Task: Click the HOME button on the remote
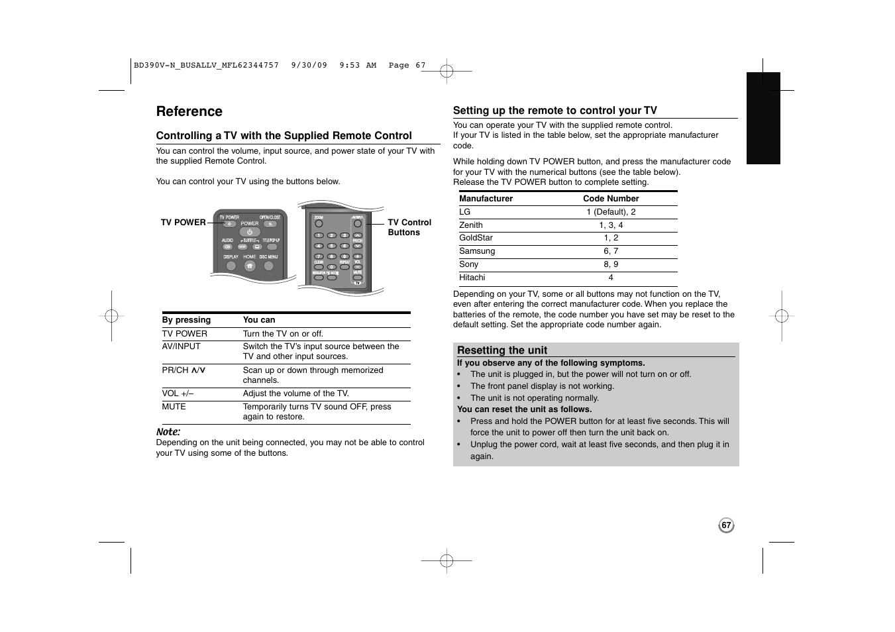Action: pyautogui.click(x=250, y=266)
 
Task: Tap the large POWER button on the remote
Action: pyautogui.click(x=250, y=232)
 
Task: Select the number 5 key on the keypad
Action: pyautogui.click(x=331, y=246)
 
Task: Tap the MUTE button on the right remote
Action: pyautogui.click(x=358, y=278)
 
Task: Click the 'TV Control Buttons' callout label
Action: pyautogui.click(x=409, y=227)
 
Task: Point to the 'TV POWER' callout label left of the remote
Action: pyautogui.click(x=183, y=223)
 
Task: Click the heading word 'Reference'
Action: pyautogui.click(x=189, y=111)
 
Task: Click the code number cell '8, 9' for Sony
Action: pyautogui.click(x=610, y=264)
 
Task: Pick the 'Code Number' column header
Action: pyautogui.click(x=610, y=199)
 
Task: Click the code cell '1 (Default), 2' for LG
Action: pyautogui.click(x=610, y=212)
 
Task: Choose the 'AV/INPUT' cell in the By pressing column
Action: pyautogui.click(x=181, y=346)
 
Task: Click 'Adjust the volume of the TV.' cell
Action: pyautogui.click(x=295, y=394)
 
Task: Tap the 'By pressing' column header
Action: pyautogui.click(x=186, y=320)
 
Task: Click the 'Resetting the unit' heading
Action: pyautogui.click(x=501, y=350)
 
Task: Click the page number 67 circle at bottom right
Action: pyautogui.click(x=726, y=525)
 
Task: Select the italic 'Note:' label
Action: pyautogui.click(x=168, y=432)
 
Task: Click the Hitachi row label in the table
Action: pyautogui.click(x=472, y=278)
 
